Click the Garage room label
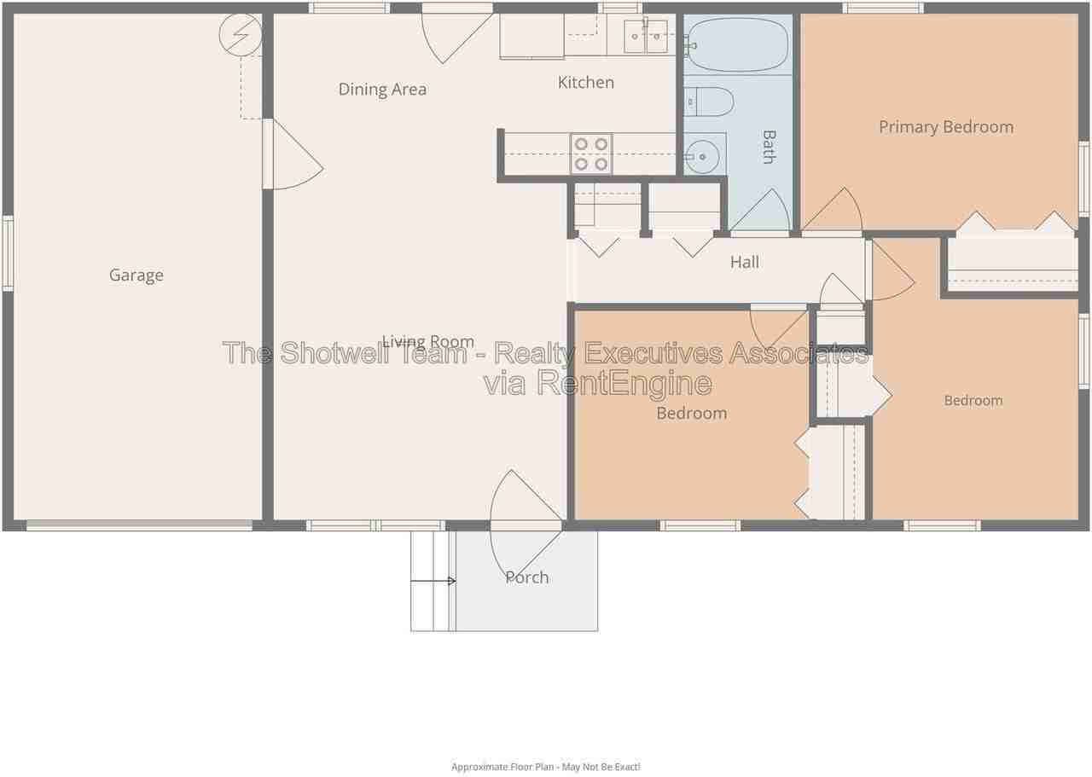tap(136, 275)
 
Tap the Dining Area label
tap(382, 90)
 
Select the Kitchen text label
tap(585, 83)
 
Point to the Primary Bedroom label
tap(946, 127)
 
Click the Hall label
tap(745, 262)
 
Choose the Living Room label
tap(428, 342)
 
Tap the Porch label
tap(526, 577)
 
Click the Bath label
tap(769, 147)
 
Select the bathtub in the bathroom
tap(737, 45)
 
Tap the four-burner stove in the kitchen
tap(591, 154)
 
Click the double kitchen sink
tap(646, 37)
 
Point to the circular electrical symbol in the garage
tap(241, 35)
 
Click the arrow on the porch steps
tap(433, 581)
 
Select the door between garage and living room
tap(293, 154)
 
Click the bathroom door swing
tap(759, 210)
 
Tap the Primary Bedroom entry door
tap(832, 209)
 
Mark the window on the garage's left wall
tap(8, 253)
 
